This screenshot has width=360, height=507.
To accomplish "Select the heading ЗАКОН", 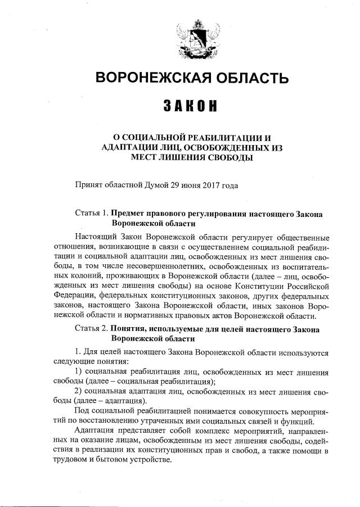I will [191, 107].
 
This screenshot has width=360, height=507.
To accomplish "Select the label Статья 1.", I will [92, 214].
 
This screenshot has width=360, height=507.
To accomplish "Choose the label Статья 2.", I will [92, 329].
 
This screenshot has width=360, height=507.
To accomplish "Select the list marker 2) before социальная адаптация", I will [79, 390].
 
